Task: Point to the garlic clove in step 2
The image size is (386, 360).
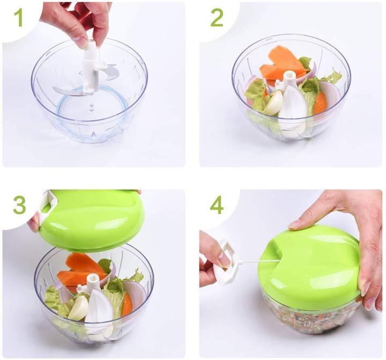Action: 273,103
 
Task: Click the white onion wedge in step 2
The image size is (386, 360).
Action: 293,107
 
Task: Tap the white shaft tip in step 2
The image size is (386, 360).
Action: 289,76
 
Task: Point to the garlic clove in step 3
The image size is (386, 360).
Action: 79,307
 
